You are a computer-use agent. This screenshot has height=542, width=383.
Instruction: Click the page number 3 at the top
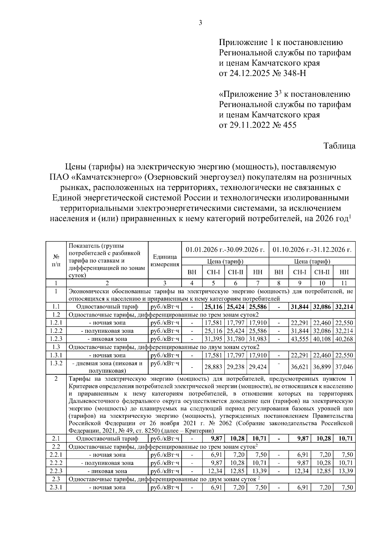coord(200,23)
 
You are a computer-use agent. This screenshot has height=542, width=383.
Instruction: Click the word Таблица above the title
coord(339,146)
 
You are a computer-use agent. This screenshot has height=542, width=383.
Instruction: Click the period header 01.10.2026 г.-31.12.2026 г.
coord(312,249)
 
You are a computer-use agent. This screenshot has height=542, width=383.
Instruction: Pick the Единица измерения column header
coord(165,261)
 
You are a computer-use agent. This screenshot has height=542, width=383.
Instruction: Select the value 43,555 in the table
coord(299,339)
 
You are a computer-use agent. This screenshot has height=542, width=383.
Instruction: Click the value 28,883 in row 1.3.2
coord(213,367)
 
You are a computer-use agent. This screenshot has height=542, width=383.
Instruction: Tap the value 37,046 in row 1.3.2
coord(344,367)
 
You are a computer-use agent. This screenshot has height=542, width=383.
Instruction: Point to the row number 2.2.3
coord(56,471)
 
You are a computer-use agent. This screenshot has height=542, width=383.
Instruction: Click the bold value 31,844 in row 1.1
coord(299,307)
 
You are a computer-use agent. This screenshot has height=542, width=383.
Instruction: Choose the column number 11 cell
coord(344,283)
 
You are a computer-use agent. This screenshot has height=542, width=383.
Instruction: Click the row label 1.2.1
coord(56,323)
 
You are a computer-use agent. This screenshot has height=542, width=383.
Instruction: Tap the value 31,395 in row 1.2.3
coord(213,339)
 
